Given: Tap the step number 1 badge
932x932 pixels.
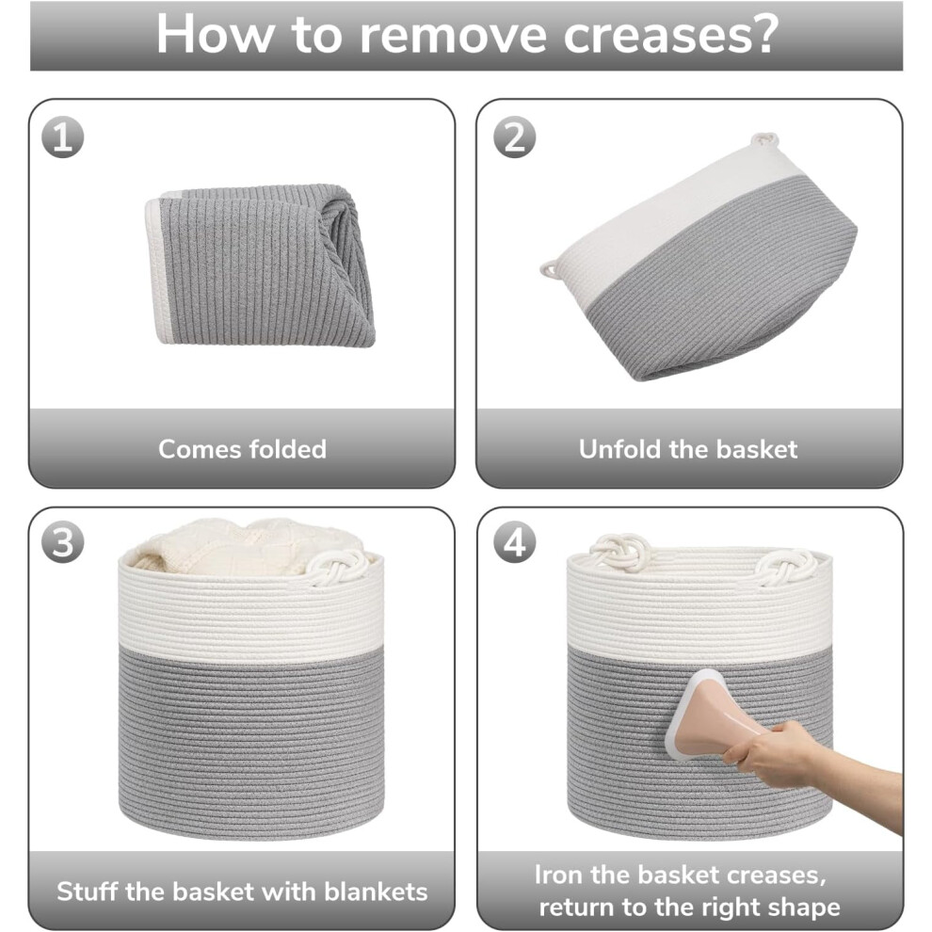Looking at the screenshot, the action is [62, 137].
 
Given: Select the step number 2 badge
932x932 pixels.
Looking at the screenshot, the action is [515, 137].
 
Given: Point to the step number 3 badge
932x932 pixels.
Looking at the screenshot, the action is [62, 542].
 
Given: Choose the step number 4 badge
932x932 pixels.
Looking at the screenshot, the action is [515, 542].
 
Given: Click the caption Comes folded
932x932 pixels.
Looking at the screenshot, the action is [243, 449].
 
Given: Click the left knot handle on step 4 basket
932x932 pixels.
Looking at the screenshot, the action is [619, 549].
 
